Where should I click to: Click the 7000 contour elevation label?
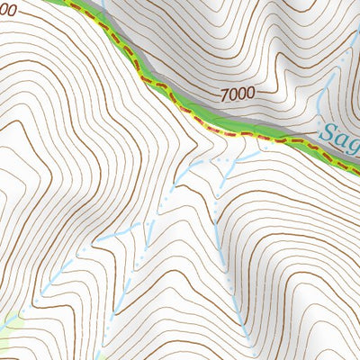[x=237, y=92]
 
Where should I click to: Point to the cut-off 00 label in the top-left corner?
[x=8, y=10]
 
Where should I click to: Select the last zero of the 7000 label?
[x=249, y=92]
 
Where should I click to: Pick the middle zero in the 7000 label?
[x=237, y=92]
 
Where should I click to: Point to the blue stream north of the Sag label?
[x=329, y=90]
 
